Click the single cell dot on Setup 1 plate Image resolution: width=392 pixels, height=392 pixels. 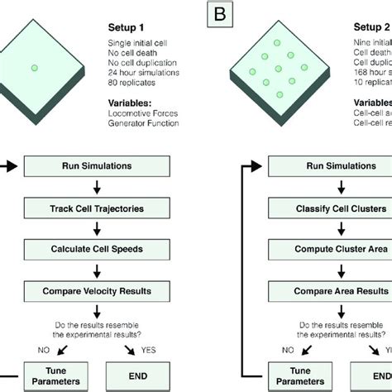point(34,69)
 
